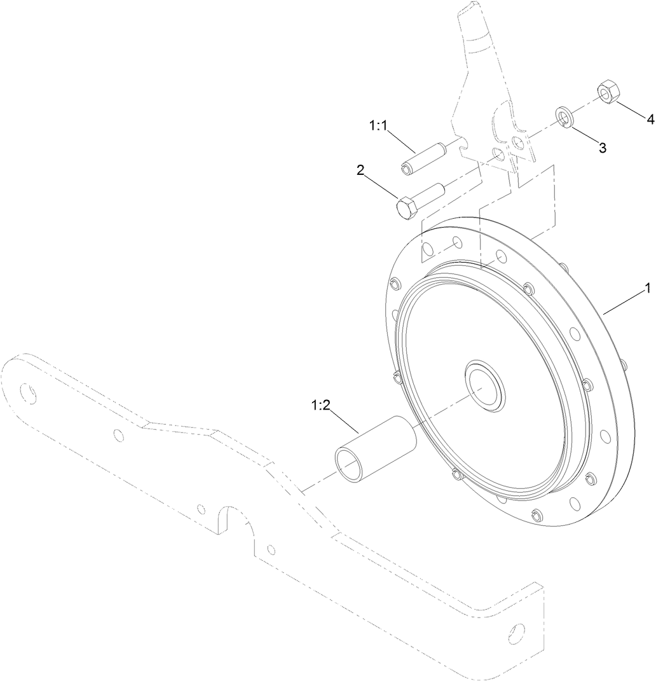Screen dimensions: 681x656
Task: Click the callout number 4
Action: click(650, 119)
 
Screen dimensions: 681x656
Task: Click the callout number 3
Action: click(602, 148)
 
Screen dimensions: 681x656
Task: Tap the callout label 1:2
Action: click(320, 405)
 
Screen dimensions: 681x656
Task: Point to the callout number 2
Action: click(360, 170)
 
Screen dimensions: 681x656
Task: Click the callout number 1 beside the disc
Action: click(647, 289)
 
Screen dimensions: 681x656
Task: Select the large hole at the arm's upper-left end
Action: click(28, 392)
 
